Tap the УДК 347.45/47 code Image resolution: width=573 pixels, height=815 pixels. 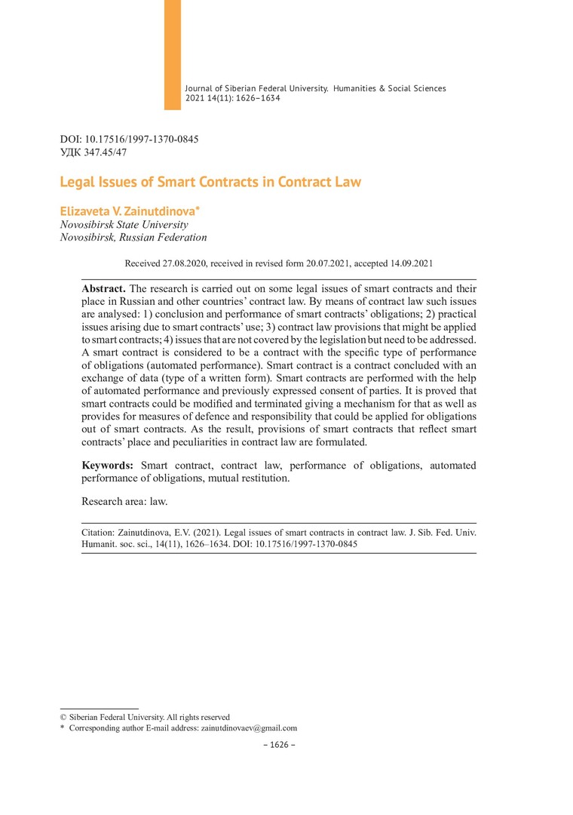coord(93,152)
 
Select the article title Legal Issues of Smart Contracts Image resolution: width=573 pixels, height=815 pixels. coord(210,182)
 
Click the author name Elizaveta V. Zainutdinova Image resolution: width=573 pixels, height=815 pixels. coord(133,211)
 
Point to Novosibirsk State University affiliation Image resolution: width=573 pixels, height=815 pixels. coord(124,224)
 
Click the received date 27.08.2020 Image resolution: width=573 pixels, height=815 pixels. coord(184,263)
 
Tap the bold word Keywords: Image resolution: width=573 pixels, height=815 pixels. coord(107,466)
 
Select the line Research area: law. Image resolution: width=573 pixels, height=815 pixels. coord(124,500)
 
